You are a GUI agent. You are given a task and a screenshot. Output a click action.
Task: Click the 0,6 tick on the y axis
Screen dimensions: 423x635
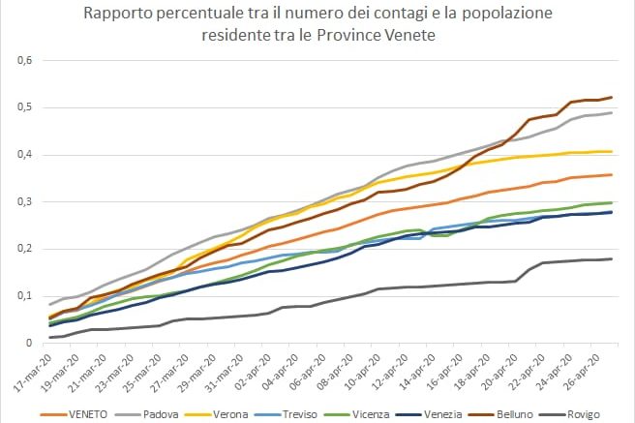pyautogui.click(x=24, y=61)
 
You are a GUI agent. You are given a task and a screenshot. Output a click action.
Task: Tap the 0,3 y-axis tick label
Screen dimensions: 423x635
pyautogui.click(x=24, y=202)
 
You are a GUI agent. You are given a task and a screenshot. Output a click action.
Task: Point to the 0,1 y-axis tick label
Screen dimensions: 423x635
pyautogui.click(x=24, y=296)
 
